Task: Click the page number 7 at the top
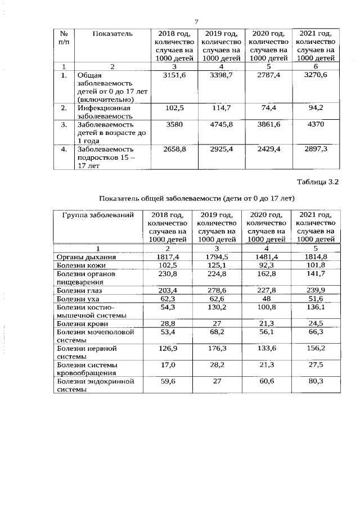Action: [197, 21]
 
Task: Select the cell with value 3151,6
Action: [173, 75]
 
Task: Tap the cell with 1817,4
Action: [167, 257]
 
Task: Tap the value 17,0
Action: [167, 364]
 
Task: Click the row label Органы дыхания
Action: [83, 257]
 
